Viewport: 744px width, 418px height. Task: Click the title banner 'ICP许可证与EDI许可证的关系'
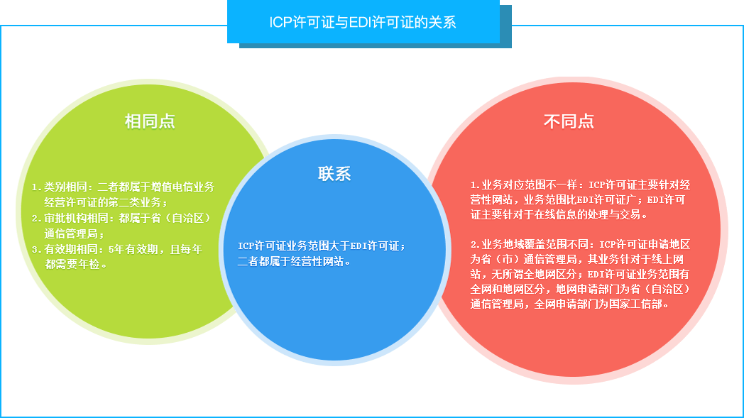click(362, 22)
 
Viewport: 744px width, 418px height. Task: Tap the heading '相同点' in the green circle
click(150, 121)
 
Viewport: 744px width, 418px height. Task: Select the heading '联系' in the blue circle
click(334, 174)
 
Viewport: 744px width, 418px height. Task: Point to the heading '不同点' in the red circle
click(569, 121)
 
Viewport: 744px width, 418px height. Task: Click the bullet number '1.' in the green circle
click(36, 187)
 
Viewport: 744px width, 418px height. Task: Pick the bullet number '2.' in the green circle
click(36, 219)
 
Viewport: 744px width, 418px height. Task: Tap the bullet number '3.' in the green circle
click(36, 250)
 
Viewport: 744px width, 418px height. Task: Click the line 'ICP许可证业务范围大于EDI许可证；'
click(322, 246)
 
